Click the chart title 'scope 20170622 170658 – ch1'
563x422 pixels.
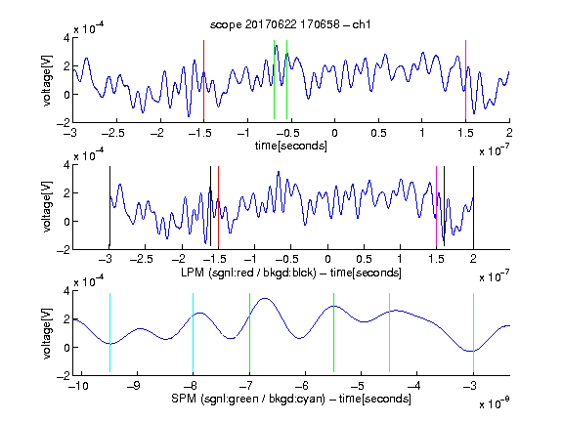pyautogui.click(x=290, y=24)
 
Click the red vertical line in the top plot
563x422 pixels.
pyautogui.click(x=203, y=80)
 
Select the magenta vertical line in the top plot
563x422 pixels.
pyautogui.click(x=465, y=80)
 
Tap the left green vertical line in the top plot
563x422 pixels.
pyautogui.click(x=274, y=80)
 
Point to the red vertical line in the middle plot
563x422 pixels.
pyautogui.click(x=218, y=207)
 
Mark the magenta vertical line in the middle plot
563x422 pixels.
pyautogui.click(x=436, y=207)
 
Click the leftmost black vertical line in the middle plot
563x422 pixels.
pyautogui.click(x=109, y=206)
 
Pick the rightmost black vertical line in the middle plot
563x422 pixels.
pyautogui.click(x=473, y=207)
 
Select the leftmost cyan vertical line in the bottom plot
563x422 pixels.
pyautogui.click(x=109, y=333)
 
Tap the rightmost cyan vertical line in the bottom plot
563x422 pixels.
pyautogui.click(x=473, y=333)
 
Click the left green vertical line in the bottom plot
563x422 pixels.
pyautogui.click(x=249, y=333)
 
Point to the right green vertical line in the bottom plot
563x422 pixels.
pyautogui.click(x=333, y=333)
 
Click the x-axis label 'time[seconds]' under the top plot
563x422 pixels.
pyautogui.click(x=291, y=146)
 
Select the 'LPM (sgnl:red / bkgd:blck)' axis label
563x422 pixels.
pyautogui.click(x=248, y=273)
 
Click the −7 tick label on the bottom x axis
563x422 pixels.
pyautogui.click(x=247, y=386)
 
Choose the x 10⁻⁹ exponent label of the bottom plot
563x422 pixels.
pyautogui.click(x=494, y=403)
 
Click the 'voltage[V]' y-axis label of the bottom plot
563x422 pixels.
pyautogui.click(x=47, y=333)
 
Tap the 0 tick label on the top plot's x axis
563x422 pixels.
pyautogui.click(x=334, y=133)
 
